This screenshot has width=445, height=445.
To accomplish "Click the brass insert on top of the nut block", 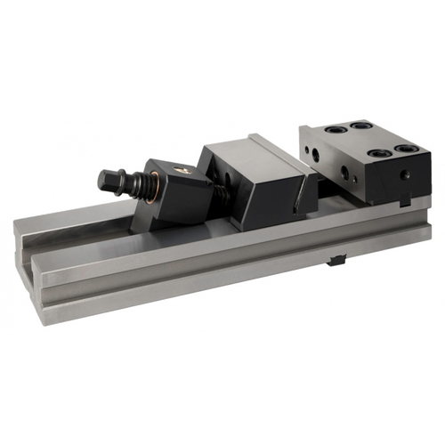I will click(181, 169).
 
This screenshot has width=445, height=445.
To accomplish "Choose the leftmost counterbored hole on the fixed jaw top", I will click(336, 130).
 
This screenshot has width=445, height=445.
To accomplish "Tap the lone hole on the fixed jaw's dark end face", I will click(405, 175).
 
